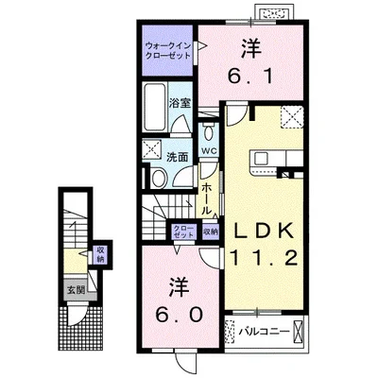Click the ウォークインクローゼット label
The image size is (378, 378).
(x=168, y=51)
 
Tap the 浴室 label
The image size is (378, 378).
(x=180, y=103)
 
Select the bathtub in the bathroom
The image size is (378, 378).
(x=154, y=107)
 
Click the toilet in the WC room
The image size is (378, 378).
(x=208, y=133)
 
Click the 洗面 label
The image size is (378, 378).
(x=178, y=157)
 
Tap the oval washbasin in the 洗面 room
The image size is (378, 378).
(x=159, y=179)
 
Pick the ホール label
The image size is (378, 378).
(x=206, y=199)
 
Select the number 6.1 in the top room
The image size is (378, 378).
(x=249, y=76)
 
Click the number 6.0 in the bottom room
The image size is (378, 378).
(x=178, y=314)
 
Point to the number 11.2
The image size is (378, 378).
(x=264, y=257)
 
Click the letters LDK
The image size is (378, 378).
(x=263, y=232)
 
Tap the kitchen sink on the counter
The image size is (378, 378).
(x=261, y=158)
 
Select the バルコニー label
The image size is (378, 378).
(x=264, y=332)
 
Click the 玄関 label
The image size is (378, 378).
(x=76, y=290)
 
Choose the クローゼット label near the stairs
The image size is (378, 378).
(x=183, y=232)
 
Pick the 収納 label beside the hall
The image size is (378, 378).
(x=211, y=232)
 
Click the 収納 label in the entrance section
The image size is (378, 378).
(x=100, y=255)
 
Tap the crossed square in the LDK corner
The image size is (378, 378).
(x=293, y=117)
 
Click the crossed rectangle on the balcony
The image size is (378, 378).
(x=298, y=332)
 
